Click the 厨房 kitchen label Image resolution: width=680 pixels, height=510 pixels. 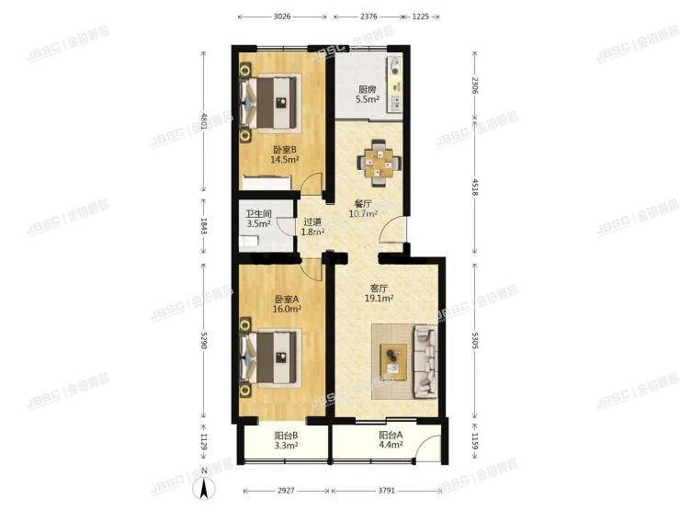coord(367,89)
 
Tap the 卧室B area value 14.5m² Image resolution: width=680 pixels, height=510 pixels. coord(285,160)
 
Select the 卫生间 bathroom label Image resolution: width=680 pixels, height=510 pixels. coord(258,214)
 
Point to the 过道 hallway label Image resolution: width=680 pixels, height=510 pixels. coord(312,222)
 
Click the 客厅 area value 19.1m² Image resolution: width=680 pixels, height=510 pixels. coord(379,299)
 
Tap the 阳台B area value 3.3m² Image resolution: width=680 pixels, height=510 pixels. coord(286,445)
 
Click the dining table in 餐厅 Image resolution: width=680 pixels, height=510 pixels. coord(379,163)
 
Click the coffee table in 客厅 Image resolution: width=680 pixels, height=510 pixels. coord(394,362)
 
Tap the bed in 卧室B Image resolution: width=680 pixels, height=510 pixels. coord(270,102)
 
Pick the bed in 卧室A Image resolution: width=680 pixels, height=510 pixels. coord(270,357)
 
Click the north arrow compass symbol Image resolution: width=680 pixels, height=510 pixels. coord(204,482)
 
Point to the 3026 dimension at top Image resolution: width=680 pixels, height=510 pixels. coord(282,17)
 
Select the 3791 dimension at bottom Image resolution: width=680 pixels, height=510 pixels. coord(386,491)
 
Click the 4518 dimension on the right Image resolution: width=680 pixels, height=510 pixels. coord(475,187)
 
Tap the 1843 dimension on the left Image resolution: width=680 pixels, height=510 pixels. coord(204,226)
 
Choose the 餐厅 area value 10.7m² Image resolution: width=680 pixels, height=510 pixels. coord(363,213)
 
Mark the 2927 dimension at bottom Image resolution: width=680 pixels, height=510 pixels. coord(286,491)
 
